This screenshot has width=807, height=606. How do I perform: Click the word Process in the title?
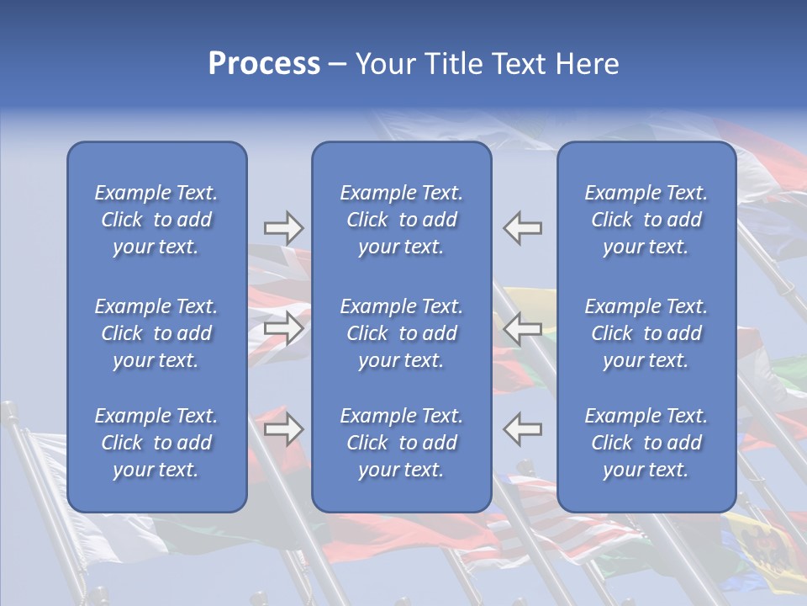coord(264,64)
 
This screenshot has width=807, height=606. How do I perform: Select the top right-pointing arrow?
coord(283,228)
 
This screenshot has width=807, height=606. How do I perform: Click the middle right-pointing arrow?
coord(283,327)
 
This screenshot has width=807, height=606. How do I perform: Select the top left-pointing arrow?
coord(522,228)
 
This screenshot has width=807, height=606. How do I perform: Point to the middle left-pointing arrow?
coord(522,327)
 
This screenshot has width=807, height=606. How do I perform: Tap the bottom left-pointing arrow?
coord(522,428)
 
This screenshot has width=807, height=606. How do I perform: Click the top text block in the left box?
coord(156,220)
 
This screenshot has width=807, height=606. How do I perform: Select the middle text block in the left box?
coord(156,333)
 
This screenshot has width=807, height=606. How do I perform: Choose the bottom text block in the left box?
coord(156,443)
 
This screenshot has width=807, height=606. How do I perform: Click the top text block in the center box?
coord(402,220)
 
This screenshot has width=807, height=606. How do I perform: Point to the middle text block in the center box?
coord(402,333)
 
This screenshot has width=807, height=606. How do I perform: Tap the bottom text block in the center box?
coord(402,443)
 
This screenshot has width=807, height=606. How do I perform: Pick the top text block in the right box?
coord(646,220)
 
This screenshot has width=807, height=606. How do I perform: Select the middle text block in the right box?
coord(646,333)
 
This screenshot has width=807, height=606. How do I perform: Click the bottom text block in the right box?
coord(646,443)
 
